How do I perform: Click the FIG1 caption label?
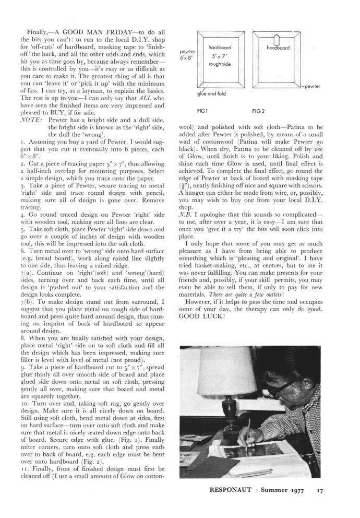click(x=203, y=111)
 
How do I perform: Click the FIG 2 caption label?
click(x=259, y=111)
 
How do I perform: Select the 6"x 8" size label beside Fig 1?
click(x=186, y=57)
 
